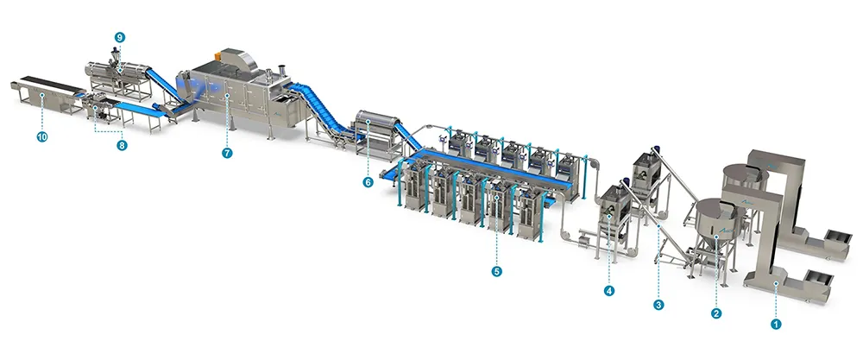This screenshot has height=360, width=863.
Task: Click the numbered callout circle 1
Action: (x=775, y=325)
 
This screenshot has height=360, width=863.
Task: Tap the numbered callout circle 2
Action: (x=716, y=313)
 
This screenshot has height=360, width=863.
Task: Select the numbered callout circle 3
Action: (x=658, y=304)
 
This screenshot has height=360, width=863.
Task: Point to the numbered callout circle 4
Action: (x=608, y=291)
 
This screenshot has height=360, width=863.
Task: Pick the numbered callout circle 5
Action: (x=497, y=271)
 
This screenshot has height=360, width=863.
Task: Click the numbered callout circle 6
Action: (x=368, y=182)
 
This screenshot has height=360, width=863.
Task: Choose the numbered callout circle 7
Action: (x=227, y=153)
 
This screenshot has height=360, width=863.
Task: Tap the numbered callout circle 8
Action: (x=123, y=146)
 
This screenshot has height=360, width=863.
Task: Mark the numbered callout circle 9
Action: (x=119, y=37)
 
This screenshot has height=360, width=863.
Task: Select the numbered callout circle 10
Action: (x=41, y=137)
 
